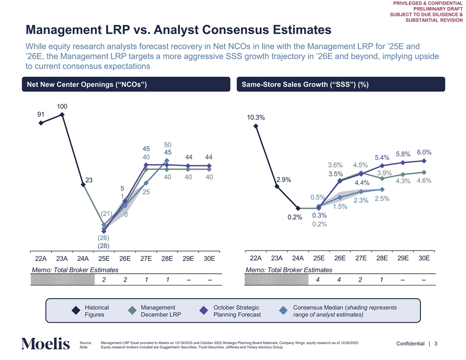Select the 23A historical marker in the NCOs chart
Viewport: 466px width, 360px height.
tap(62, 115)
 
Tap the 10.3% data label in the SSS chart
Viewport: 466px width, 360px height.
tap(256, 118)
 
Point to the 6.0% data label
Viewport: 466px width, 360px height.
tap(424, 152)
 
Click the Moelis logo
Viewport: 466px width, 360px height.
tap(45, 344)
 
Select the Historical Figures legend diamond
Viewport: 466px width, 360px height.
tap(76, 311)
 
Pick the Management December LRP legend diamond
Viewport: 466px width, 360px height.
tap(132, 311)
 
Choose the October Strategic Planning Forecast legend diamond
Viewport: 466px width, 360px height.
tap(204, 311)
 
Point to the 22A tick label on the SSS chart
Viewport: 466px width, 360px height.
tap(256, 258)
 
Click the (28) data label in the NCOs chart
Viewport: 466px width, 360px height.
tap(104, 246)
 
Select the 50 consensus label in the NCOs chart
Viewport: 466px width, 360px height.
tap(167, 145)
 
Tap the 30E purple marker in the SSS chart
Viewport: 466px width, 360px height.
tap(424, 161)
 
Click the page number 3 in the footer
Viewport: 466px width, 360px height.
tap(436, 344)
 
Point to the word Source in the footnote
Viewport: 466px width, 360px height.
tap(85, 343)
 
